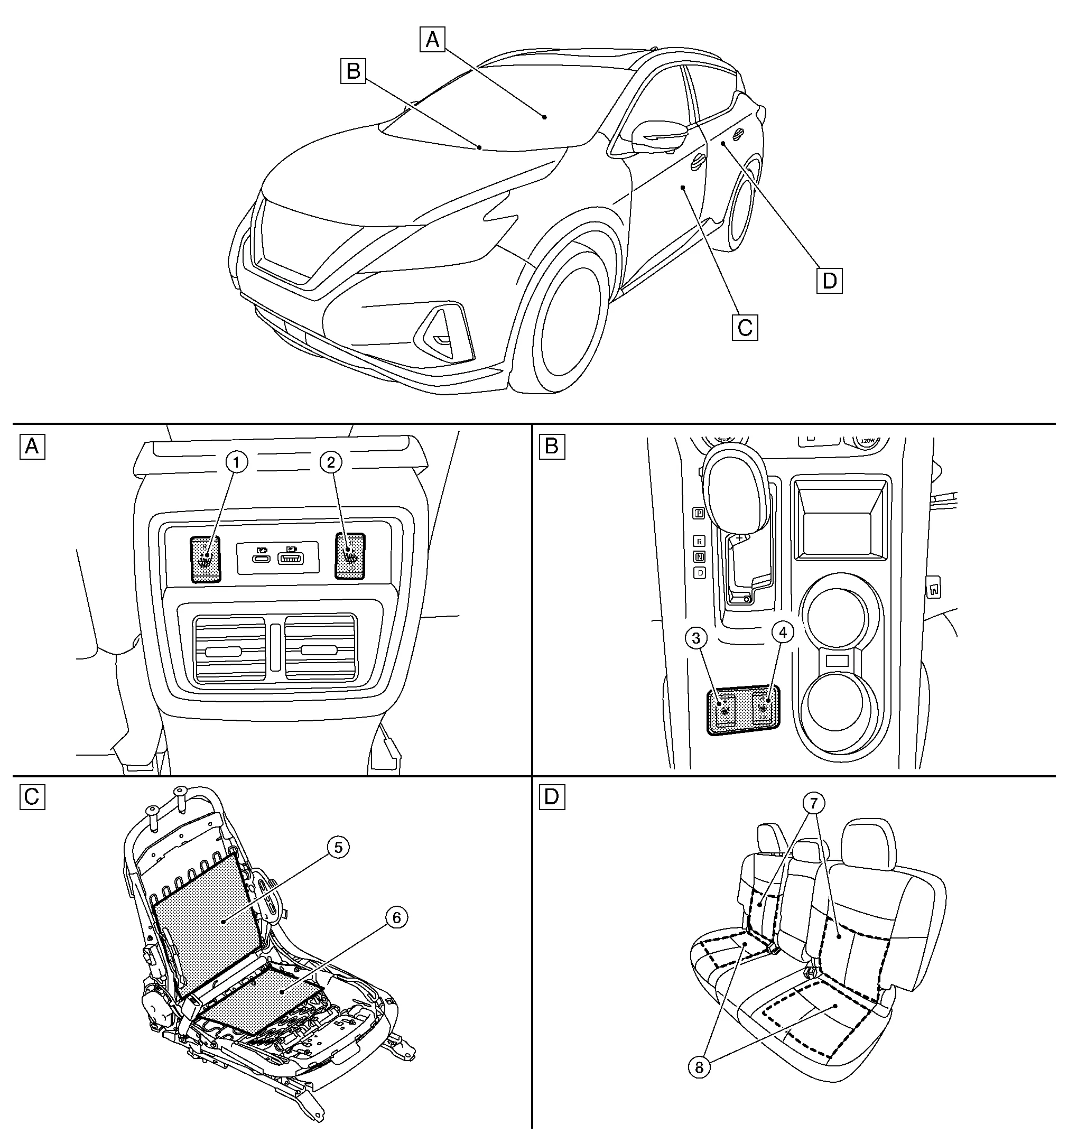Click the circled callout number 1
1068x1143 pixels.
[236, 462]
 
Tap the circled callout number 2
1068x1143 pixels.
[331, 462]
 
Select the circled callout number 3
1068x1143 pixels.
[696, 638]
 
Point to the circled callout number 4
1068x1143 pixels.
[782, 633]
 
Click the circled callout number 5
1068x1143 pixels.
[338, 847]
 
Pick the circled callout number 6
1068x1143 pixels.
[396, 917]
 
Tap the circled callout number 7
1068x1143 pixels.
[814, 803]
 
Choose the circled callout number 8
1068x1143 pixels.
[699, 1067]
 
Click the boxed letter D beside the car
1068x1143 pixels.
[829, 281]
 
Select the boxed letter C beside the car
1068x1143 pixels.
[745, 328]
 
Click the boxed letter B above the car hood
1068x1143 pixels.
[353, 71]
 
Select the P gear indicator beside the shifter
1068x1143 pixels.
[699, 514]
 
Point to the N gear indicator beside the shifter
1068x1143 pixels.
[699, 556]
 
